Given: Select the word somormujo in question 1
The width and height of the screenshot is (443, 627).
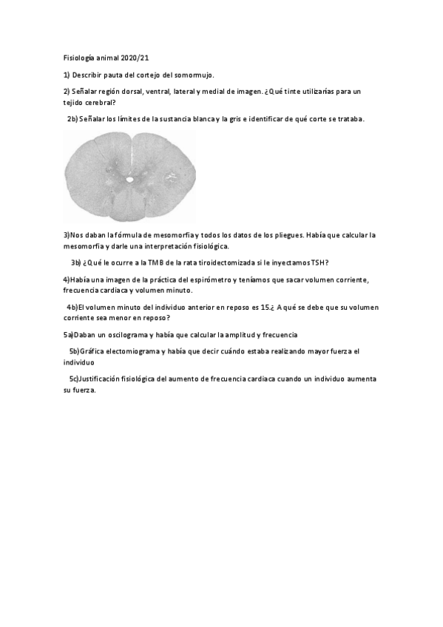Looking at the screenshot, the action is tap(192, 75).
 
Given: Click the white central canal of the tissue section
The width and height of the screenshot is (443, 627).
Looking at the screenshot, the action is tap(129, 178).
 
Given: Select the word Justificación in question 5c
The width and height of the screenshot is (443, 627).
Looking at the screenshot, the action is tap(101, 379).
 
